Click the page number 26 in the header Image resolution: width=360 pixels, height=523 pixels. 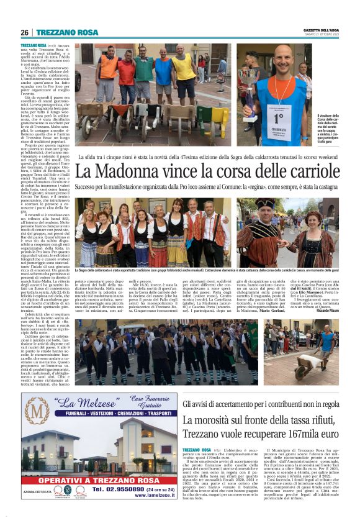point(25,32)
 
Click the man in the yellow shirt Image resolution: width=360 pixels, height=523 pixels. point(184,68)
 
